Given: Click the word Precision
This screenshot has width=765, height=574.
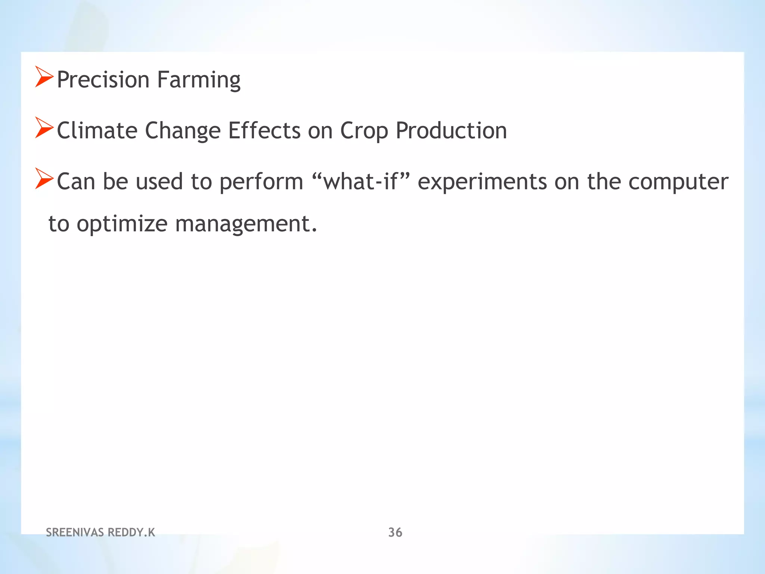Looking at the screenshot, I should (103, 80).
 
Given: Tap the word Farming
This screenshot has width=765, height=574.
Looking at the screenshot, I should (199, 80).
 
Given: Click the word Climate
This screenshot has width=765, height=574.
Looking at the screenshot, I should (97, 130).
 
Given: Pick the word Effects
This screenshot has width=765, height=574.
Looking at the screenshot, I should (264, 130).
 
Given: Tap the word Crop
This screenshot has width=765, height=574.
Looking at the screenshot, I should (359, 131).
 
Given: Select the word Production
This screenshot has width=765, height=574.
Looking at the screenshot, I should (451, 130).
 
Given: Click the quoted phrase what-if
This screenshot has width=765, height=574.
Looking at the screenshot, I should (360, 181).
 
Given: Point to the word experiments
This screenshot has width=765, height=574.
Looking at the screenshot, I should (482, 182).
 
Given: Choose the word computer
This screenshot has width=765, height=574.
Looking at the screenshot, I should (678, 182).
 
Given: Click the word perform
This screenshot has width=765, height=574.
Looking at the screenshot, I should (261, 182).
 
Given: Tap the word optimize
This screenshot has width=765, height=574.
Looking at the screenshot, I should (122, 224).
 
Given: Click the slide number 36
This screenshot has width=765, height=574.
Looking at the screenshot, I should (395, 532).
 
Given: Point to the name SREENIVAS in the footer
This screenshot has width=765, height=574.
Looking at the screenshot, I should (75, 532).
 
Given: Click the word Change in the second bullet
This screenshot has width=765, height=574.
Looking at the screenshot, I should (183, 131).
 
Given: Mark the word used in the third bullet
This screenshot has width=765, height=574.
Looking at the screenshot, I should (159, 181).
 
